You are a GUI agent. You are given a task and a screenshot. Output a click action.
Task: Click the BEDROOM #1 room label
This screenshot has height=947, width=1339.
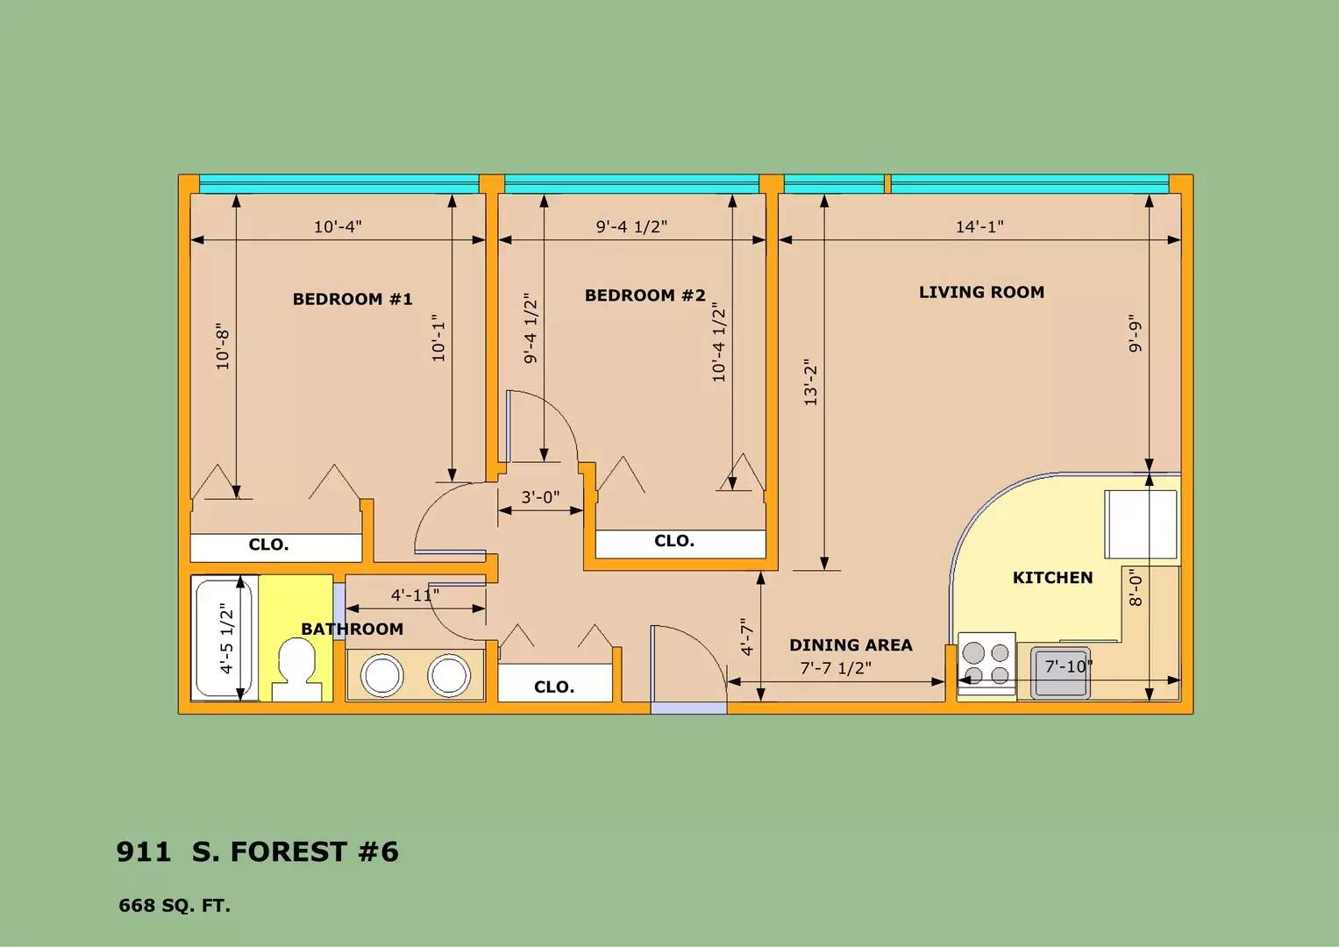[353, 299]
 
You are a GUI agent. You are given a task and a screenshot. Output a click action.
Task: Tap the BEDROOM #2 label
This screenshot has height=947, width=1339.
[645, 295]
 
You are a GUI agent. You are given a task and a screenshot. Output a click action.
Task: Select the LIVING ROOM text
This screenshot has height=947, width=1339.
[981, 292]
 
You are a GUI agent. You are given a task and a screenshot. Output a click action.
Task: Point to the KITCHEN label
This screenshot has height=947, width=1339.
[1052, 578]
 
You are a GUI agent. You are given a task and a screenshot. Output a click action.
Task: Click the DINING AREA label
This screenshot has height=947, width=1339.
[851, 645]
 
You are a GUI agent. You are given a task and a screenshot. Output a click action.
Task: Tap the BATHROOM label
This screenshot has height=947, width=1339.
[353, 629]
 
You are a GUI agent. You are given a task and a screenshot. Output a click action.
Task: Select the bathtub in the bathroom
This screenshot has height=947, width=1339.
[224, 638]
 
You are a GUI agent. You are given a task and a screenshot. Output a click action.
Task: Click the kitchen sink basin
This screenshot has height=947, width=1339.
[1061, 673]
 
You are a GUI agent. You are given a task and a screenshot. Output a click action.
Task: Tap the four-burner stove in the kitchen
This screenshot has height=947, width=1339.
[986, 665]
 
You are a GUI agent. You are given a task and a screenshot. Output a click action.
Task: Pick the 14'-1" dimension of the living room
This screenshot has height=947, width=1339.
[979, 226]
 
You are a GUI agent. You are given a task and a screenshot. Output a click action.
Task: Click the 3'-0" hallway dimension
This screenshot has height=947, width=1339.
[540, 497]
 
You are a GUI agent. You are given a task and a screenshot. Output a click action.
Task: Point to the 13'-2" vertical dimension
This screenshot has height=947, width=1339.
[810, 382]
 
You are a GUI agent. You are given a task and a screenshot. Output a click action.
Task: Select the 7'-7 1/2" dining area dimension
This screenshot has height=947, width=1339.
[836, 668]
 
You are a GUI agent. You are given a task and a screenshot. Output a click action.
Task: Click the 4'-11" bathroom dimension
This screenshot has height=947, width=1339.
[415, 595]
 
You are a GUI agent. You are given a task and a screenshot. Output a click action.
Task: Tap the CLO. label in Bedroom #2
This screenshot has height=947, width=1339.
[674, 541]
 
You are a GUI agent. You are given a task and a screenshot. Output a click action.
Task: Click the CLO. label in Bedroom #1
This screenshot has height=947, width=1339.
[268, 545]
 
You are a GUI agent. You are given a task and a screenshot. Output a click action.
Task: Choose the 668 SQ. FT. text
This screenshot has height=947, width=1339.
[174, 906]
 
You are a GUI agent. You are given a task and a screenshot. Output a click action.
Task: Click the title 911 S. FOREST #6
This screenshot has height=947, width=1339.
[257, 852]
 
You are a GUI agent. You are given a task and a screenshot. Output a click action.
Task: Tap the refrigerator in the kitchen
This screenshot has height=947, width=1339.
[1141, 525]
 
